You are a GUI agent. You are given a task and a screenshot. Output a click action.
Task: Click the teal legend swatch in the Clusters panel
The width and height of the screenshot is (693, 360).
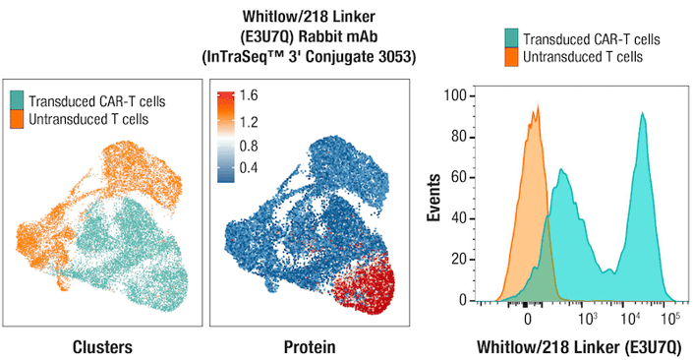pos(18,100)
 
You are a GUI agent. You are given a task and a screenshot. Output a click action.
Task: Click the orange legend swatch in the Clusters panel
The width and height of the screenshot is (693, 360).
pos(18,118)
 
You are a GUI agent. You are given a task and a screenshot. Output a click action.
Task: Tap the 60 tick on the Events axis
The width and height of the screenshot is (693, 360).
pos(459,178)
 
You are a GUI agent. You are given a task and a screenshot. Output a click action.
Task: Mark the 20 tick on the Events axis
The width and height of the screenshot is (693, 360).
pos(459,260)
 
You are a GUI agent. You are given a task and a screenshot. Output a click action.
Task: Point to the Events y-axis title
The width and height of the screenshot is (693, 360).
pos(433,198)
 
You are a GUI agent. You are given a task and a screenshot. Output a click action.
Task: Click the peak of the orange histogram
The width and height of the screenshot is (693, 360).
pos(534,110)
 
